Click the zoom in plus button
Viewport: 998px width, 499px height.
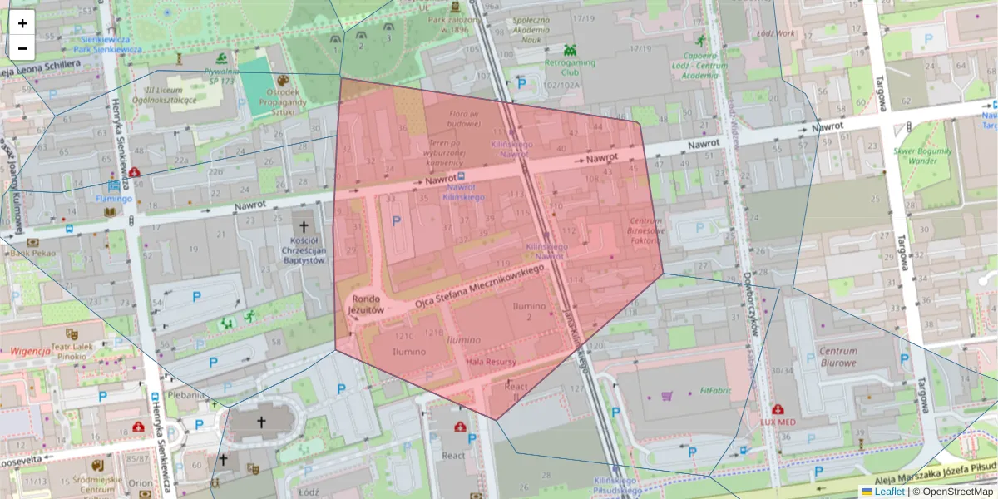[22, 23]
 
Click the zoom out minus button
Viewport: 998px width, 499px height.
[22, 48]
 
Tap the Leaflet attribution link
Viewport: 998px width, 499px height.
[889, 492]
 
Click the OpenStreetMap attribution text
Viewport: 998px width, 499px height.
[958, 492]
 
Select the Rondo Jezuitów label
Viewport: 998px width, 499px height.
[366, 304]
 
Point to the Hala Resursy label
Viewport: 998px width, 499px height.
[492, 363]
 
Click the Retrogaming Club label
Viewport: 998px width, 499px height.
[573, 67]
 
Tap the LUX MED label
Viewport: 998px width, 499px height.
[778, 422]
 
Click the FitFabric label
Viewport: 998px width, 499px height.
[714, 388]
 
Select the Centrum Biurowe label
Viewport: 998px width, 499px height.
[837, 357]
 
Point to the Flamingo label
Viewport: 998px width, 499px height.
[114, 199]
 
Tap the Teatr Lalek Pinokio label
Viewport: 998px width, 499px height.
[72, 351]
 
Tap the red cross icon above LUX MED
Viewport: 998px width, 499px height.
[778, 409]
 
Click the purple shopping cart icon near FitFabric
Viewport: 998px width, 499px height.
[667, 396]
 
